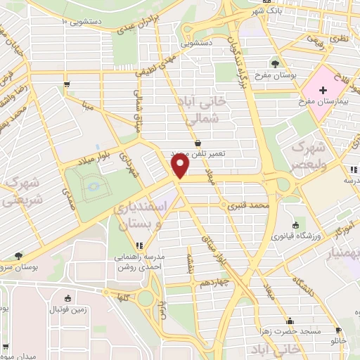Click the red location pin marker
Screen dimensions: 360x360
(x=180, y=166)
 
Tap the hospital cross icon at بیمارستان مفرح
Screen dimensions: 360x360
(x=323, y=90)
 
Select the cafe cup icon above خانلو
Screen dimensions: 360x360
(x=338, y=330)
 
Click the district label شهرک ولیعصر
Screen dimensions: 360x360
(x=307, y=158)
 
